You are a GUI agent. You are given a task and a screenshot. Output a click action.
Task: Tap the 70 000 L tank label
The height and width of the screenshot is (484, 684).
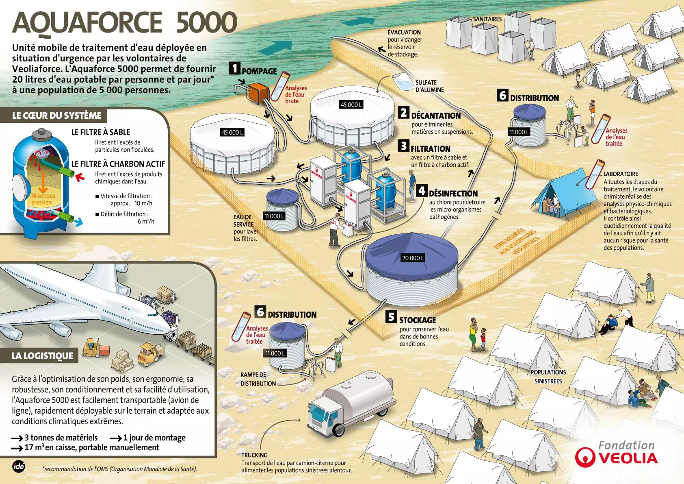click(413, 258)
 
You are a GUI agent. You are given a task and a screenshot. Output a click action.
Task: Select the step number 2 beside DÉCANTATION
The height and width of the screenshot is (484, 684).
click(403, 113)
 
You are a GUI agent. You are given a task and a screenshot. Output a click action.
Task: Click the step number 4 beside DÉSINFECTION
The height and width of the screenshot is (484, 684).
click(422, 190)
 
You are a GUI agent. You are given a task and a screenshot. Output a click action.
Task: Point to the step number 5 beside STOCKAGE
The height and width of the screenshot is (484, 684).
click(391, 317)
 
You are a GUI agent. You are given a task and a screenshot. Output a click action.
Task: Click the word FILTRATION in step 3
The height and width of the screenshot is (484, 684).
click(430, 149)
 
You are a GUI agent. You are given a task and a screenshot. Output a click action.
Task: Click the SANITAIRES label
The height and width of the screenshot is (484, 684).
click(487, 19)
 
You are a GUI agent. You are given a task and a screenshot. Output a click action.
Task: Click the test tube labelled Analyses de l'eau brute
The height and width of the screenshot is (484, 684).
click(280, 86)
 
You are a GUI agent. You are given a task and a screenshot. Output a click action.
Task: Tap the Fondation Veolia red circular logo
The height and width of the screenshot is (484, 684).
click(585, 457)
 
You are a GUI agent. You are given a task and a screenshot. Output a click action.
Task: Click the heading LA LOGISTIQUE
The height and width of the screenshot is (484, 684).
click(42, 356)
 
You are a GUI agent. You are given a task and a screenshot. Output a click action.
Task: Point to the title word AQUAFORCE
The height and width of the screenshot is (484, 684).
click(87, 23)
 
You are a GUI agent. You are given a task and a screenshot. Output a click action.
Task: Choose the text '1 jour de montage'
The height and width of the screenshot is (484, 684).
click(154, 438)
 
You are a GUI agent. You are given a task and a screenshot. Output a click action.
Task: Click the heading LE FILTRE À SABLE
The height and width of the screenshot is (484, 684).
click(101, 132)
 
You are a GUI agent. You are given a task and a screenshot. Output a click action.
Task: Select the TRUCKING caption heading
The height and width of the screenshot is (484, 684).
click(254, 455)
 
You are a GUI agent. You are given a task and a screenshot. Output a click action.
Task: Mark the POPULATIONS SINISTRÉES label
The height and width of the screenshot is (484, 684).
click(548, 377)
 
